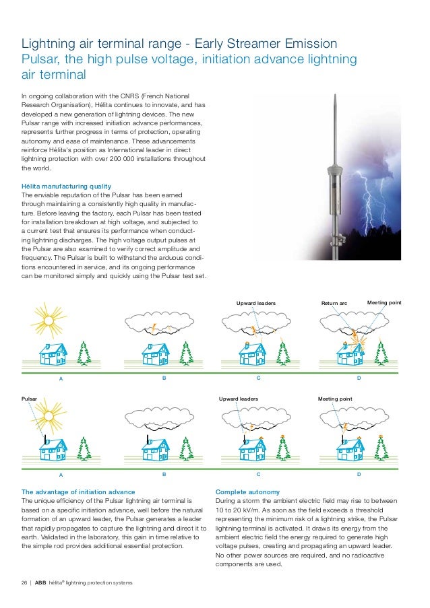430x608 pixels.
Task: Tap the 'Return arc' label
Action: click(334, 304)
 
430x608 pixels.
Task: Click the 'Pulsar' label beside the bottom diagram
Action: click(30, 399)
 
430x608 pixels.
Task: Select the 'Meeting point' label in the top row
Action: click(384, 303)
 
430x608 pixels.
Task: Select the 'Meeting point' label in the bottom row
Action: click(335, 399)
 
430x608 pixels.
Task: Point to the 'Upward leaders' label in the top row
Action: click(255, 304)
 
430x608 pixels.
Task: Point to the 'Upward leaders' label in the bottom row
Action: click(239, 399)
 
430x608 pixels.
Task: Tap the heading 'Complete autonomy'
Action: click(247, 492)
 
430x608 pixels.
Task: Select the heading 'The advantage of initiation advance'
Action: click(78, 492)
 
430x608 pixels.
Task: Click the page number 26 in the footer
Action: click(26, 582)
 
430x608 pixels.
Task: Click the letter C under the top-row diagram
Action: click(258, 378)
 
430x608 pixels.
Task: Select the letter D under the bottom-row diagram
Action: click(359, 474)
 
